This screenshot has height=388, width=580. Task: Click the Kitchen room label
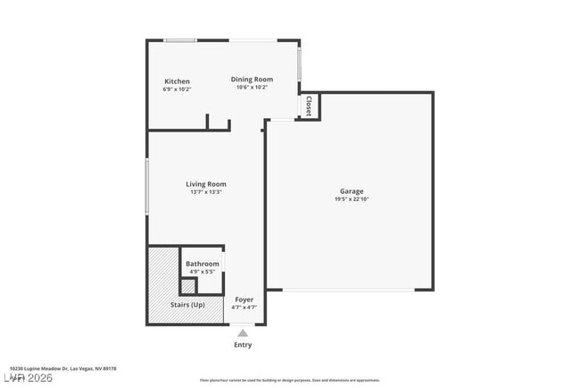(177, 81)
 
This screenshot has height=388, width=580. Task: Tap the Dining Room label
(252, 79)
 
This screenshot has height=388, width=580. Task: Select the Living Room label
(205, 184)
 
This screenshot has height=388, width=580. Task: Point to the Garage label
(351, 191)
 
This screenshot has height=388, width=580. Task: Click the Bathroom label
(203, 264)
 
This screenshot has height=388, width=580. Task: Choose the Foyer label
(244, 299)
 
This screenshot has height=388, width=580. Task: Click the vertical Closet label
(309, 107)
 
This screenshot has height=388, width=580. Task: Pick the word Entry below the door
(243, 345)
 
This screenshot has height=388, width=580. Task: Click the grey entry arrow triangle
(243, 333)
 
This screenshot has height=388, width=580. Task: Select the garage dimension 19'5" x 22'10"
(351, 199)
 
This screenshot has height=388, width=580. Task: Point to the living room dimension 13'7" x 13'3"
(205, 192)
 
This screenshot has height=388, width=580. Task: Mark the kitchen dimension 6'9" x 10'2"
(177, 89)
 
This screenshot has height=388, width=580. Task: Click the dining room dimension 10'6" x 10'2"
(252, 87)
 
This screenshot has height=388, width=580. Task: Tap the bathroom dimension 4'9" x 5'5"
(203, 272)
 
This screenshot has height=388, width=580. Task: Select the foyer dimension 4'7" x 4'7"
(244, 308)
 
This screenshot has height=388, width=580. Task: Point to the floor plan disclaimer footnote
(289, 380)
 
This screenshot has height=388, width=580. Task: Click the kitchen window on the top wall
(180, 40)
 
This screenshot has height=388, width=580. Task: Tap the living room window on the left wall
(147, 186)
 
